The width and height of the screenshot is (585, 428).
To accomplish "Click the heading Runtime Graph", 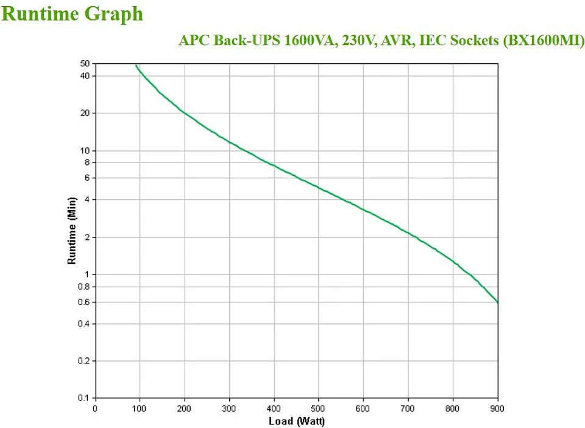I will click(72, 13).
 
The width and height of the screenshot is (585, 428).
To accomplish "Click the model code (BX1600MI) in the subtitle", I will click(544, 41).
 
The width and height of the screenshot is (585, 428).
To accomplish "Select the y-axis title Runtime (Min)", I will click(72, 231).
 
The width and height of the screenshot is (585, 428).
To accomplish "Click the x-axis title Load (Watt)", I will click(297, 421).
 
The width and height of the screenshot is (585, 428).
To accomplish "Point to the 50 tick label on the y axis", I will click(85, 63).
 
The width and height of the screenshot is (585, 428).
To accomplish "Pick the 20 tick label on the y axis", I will click(85, 113).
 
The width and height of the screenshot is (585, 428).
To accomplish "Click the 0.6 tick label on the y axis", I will click(83, 302).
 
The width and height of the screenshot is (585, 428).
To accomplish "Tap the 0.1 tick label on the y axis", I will click(83, 398).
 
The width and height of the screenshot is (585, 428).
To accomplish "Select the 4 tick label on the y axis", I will click(87, 200).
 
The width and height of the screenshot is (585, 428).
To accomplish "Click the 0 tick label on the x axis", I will click(95, 409).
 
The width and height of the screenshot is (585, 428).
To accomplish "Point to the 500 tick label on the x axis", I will click(319, 409).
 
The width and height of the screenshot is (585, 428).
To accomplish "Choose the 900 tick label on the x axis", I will click(497, 409).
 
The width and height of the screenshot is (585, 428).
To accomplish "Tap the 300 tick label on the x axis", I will click(229, 409).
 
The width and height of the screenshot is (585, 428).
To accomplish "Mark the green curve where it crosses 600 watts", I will click(364, 209).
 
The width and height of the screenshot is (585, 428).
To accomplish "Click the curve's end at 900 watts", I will click(497, 302).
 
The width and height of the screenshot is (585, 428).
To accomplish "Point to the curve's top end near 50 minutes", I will click(136, 65).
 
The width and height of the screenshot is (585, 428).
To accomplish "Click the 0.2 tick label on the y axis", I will click(83, 361).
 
